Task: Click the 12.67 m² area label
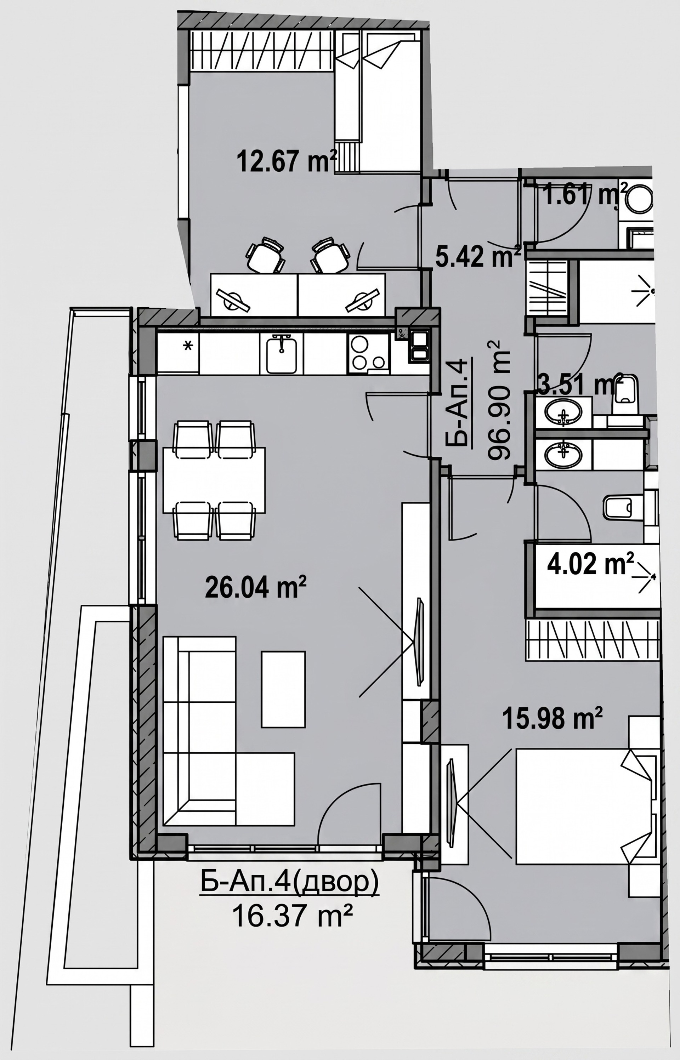pos(287,161)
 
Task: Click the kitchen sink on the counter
pos(281,353)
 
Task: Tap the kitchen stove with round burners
pos(368,353)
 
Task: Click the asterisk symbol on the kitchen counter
pos(188,346)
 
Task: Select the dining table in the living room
pos(214,480)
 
